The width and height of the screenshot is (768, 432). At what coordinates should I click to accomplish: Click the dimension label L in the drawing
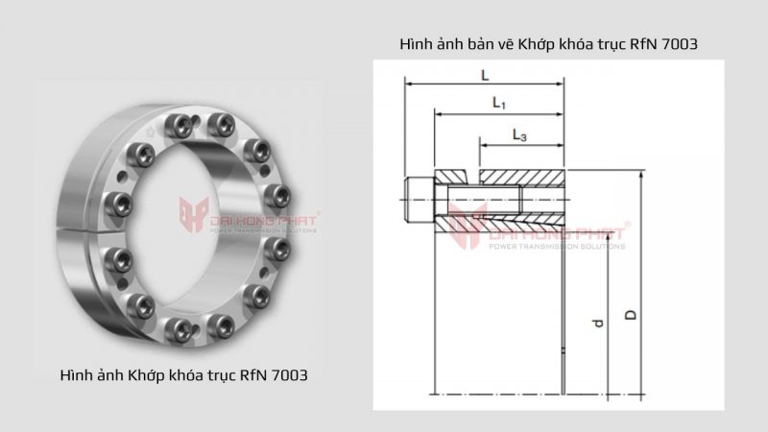[x=485, y=74]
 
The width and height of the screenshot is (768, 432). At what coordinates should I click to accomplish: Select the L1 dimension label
[x=499, y=102]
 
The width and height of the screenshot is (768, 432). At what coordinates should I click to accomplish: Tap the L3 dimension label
[x=519, y=135]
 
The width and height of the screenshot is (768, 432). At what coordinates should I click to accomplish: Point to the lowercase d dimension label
[x=597, y=324]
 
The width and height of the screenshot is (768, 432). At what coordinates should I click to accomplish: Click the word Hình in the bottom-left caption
[x=76, y=372]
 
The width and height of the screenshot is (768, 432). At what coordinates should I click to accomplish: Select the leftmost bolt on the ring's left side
[x=121, y=204]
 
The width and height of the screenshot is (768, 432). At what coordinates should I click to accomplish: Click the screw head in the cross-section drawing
[x=420, y=199]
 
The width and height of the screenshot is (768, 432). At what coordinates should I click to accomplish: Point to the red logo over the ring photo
[x=191, y=216]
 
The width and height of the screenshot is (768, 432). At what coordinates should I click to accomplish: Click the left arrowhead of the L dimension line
[x=410, y=84]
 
